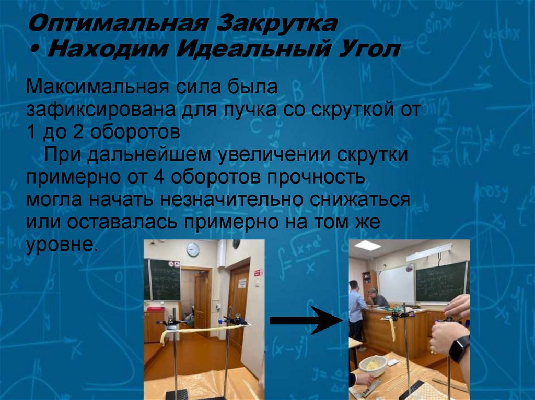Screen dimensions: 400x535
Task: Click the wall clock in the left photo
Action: (x=193, y=249)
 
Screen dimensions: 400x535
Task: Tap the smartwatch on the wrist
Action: (x=459, y=349)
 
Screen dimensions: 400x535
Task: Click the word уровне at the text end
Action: (x=62, y=244)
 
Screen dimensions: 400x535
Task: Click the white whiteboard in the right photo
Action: (x=396, y=284)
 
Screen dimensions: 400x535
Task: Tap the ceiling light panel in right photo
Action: (x=368, y=245)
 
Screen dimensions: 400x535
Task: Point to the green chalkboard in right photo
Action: (x=440, y=282)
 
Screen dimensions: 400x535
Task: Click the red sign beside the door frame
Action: (x=257, y=272)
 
